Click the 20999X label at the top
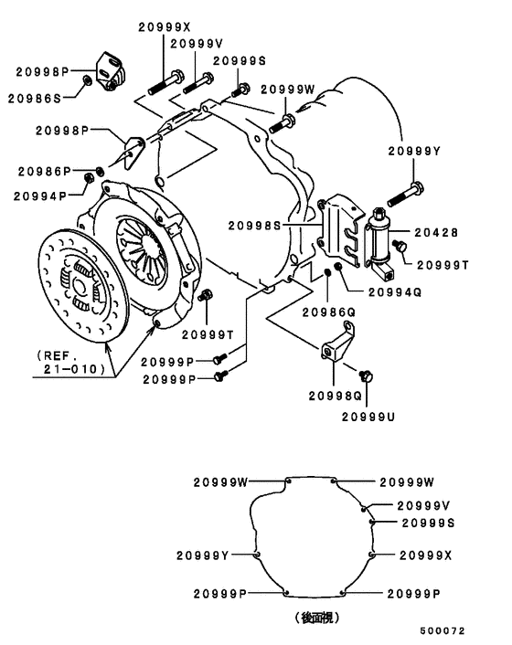click(165, 27)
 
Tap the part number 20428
click(436, 233)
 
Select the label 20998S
click(254, 226)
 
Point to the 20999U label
click(368, 418)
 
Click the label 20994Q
click(395, 292)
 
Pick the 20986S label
click(34, 99)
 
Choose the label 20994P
click(40, 196)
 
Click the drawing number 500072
click(442, 630)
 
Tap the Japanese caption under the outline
click(317, 618)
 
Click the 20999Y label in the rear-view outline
click(202, 555)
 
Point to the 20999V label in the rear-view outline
click(423, 505)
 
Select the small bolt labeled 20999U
click(366, 375)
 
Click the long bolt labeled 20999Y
click(406, 195)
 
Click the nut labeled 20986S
click(87, 79)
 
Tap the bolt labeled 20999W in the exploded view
click(282, 124)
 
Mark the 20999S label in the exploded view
click(240, 61)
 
